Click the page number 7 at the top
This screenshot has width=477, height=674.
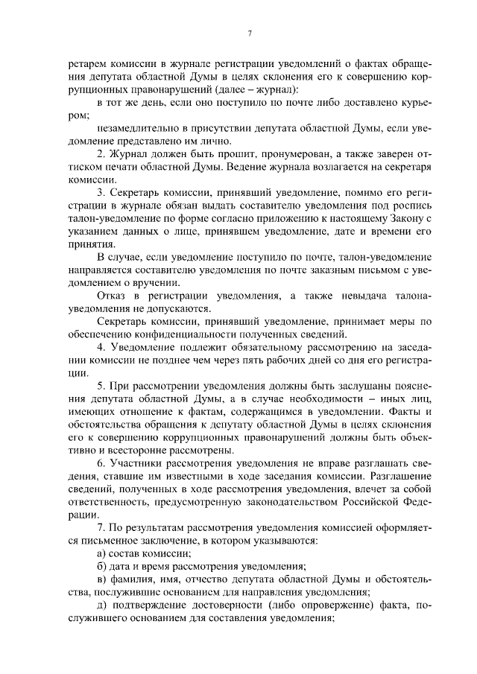(x=249, y=34)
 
